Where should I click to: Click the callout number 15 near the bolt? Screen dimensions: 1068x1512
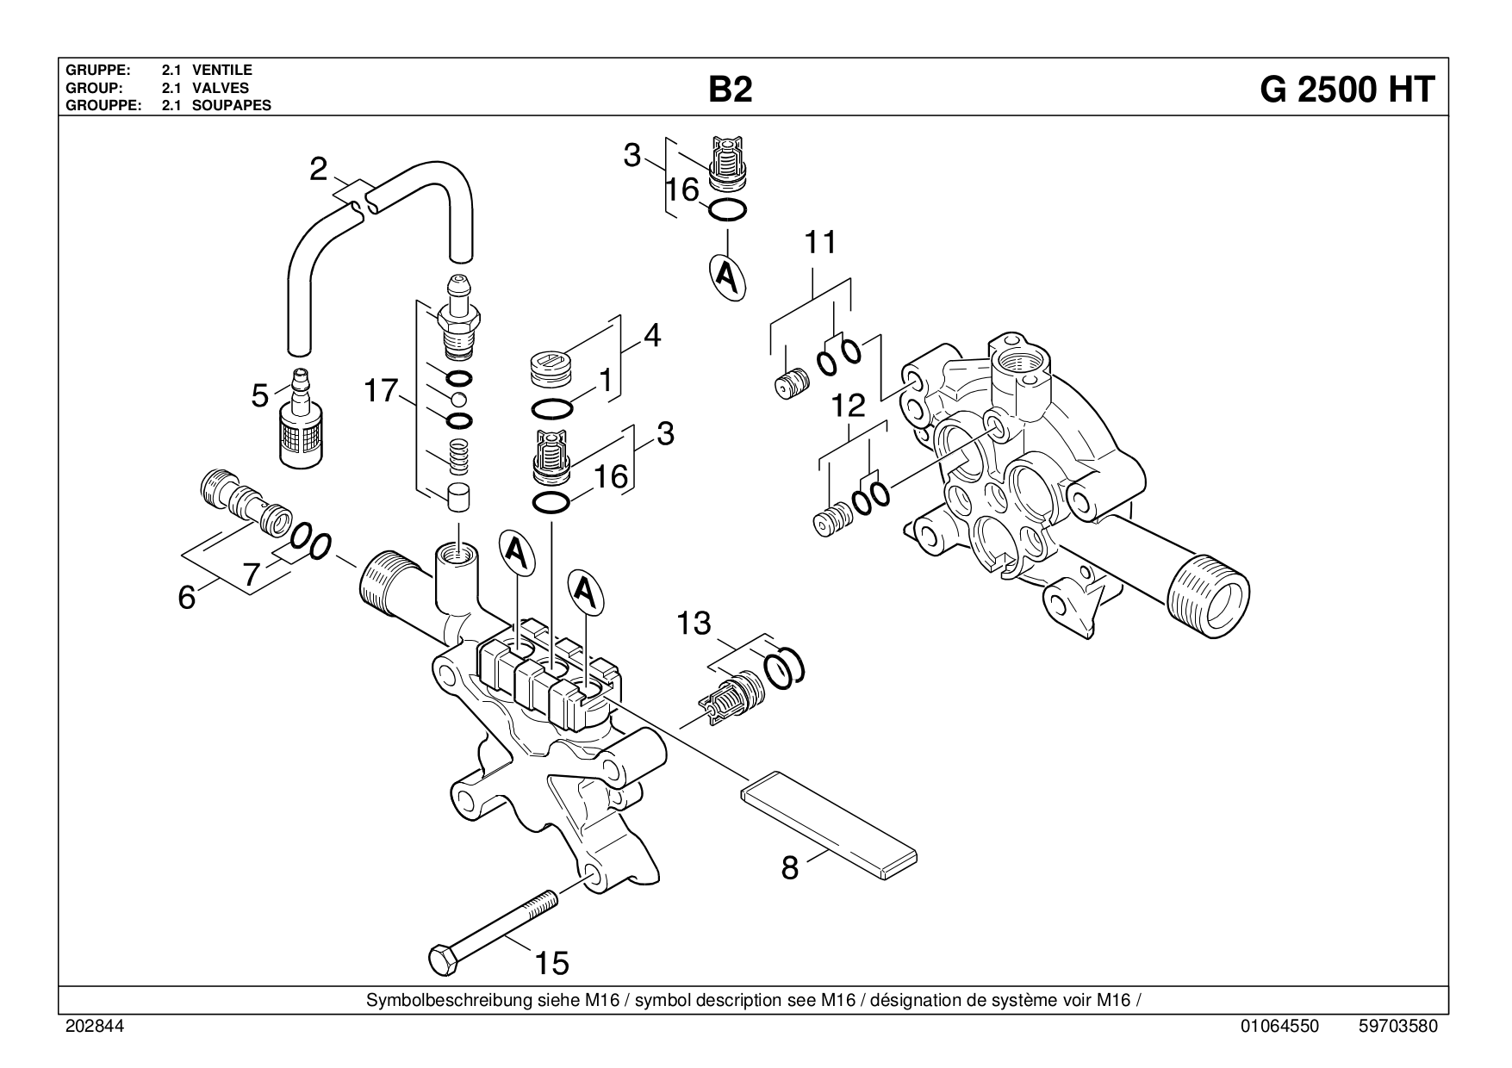click(552, 962)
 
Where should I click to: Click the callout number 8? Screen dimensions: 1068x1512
click(790, 868)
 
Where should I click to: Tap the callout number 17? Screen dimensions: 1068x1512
click(379, 392)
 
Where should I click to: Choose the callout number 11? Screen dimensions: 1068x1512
click(820, 243)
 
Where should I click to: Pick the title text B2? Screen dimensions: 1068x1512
click(731, 90)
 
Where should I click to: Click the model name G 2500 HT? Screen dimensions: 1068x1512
click(1347, 90)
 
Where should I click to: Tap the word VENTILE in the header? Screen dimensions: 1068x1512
click(222, 70)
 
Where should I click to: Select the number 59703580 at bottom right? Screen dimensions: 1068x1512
click(1397, 1027)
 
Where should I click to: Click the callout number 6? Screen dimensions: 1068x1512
click(187, 598)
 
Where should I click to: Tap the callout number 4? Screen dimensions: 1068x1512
click(652, 336)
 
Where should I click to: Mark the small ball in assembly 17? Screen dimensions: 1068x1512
click(459, 398)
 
